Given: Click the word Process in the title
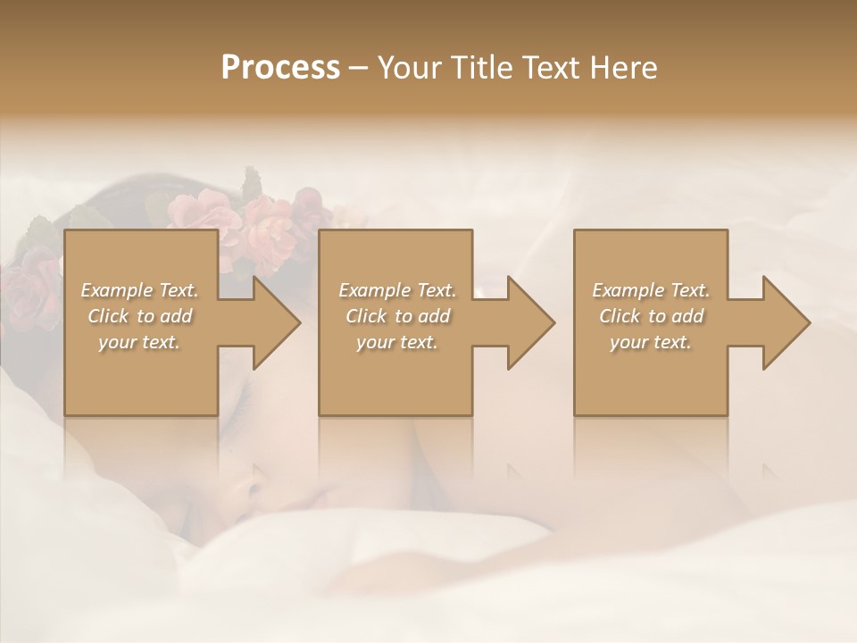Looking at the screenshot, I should pyautogui.click(x=280, y=68).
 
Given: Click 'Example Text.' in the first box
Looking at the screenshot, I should pyautogui.click(x=139, y=290).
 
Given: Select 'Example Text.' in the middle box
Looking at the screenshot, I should pyautogui.click(x=396, y=290).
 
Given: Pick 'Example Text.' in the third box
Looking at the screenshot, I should pyautogui.click(x=651, y=290).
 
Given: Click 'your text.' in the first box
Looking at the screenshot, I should pyautogui.click(x=139, y=342).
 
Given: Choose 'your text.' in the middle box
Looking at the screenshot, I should pyautogui.click(x=396, y=342).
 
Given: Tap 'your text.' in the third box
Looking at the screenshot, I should pyautogui.click(x=651, y=342).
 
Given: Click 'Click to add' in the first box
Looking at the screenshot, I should pyautogui.click(x=139, y=316).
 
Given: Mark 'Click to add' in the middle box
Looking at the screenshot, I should pyautogui.click(x=396, y=316).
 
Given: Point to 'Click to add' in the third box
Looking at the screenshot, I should pyautogui.click(x=651, y=316).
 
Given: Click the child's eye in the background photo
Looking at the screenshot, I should pyautogui.click(x=254, y=490).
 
